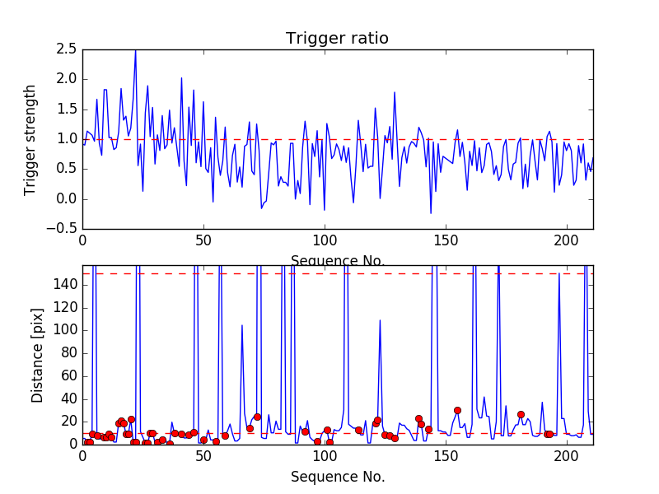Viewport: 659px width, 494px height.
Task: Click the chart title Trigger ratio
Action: click(x=337, y=39)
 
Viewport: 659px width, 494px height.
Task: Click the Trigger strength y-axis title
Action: click(x=30, y=139)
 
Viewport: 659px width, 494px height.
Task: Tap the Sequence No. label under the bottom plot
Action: click(x=337, y=477)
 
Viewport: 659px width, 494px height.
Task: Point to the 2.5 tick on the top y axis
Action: click(x=67, y=49)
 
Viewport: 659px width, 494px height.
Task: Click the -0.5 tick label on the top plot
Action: click(x=63, y=229)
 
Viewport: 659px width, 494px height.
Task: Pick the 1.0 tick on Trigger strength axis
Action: click(x=67, y=139)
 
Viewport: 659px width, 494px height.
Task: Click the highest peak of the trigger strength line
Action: click(x=136, y=50)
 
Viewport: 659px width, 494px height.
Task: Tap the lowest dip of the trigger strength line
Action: click(x=431, y=213)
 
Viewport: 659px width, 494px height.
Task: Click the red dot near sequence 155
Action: click(x=457, y=410)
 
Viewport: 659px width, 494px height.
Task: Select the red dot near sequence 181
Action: click(x=521, y=414)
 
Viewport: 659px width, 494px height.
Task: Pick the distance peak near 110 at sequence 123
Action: click(x=380, y=320)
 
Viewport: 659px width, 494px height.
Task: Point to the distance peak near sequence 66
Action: click(x=242, y=325)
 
